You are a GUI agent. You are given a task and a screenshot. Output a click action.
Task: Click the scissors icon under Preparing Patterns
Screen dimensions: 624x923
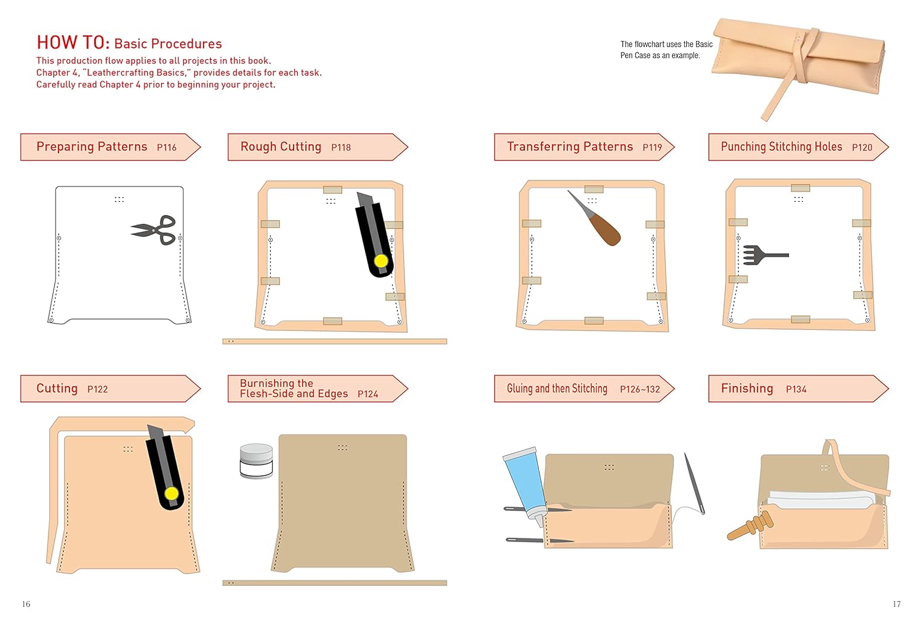154,230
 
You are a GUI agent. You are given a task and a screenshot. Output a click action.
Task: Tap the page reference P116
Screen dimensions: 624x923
166,148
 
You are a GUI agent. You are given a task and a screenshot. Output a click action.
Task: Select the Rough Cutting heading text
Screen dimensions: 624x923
281,146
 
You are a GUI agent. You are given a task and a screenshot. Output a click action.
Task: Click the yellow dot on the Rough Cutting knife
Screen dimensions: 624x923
381,261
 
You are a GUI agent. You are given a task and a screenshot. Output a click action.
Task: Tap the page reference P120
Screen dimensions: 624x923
861,148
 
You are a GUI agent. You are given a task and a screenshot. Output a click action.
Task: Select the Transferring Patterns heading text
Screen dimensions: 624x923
569,146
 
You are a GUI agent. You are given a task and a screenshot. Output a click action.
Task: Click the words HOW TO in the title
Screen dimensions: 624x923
73,42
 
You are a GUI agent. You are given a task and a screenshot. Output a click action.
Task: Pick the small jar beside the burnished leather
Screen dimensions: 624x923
256,461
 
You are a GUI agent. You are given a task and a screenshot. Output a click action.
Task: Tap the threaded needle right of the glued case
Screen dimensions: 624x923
695,484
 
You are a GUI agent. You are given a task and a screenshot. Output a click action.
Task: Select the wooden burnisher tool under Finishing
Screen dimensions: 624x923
751,527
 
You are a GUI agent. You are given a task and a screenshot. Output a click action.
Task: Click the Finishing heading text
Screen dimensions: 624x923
746,388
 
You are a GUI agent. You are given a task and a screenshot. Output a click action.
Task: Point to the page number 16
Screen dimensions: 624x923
26,604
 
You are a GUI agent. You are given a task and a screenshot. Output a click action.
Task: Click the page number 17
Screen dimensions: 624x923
897,604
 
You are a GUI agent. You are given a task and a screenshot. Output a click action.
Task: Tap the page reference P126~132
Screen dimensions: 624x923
639,390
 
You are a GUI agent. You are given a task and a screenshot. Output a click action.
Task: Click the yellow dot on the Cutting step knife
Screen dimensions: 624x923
172,494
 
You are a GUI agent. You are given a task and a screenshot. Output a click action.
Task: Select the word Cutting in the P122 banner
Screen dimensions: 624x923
57,388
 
